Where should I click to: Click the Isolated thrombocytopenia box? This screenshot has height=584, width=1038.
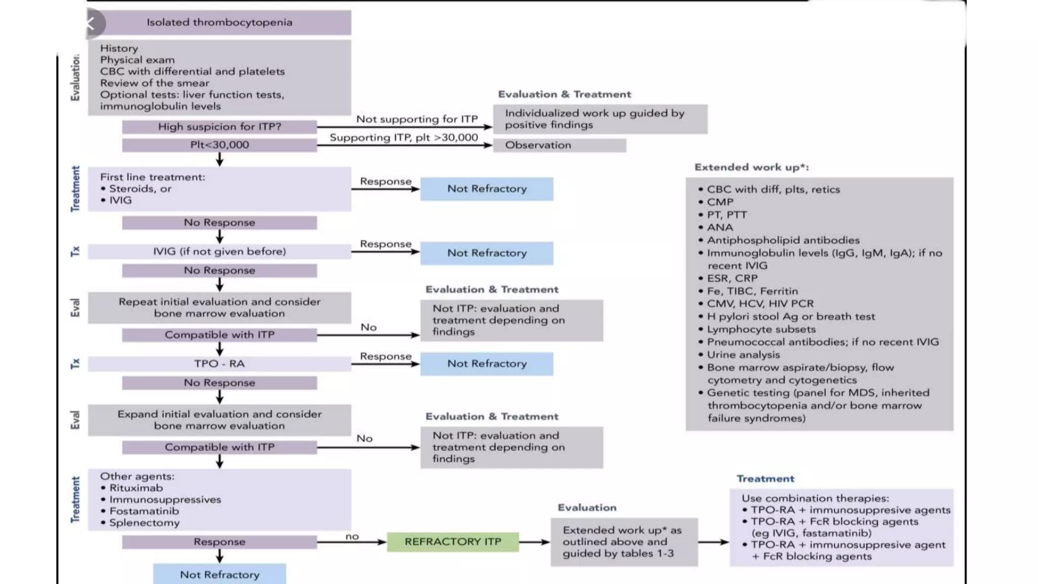(x=219, y=22)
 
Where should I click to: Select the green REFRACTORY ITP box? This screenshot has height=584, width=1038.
(x=453, y=541)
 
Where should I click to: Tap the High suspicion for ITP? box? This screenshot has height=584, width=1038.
(x=219, y=127)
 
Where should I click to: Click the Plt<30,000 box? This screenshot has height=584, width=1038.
(x=219, y=145)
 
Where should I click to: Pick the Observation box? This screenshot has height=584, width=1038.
(x=559, y=145)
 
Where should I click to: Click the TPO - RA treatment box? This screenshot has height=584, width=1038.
(x=219, y=363)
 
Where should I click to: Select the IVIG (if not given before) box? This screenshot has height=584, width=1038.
(x=219, y=251)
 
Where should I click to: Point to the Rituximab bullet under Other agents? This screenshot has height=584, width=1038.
(x=136, y=488)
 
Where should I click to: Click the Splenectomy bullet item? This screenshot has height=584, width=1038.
(x=144, y=523)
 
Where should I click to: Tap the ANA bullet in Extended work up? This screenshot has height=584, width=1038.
(x=720, y=227)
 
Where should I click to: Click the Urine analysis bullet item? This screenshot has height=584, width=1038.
(x=743, y=354)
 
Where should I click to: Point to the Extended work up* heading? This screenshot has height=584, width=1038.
(x=751, y=167)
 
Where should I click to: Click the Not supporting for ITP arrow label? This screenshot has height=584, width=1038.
(x=417, y=119)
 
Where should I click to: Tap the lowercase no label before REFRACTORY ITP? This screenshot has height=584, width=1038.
(x=352, y=536)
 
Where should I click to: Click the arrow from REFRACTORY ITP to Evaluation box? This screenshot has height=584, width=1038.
(x=534, y=542)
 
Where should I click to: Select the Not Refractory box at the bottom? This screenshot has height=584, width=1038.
(x=219, y=574)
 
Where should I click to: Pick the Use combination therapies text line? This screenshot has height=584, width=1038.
(x=815, y=498)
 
